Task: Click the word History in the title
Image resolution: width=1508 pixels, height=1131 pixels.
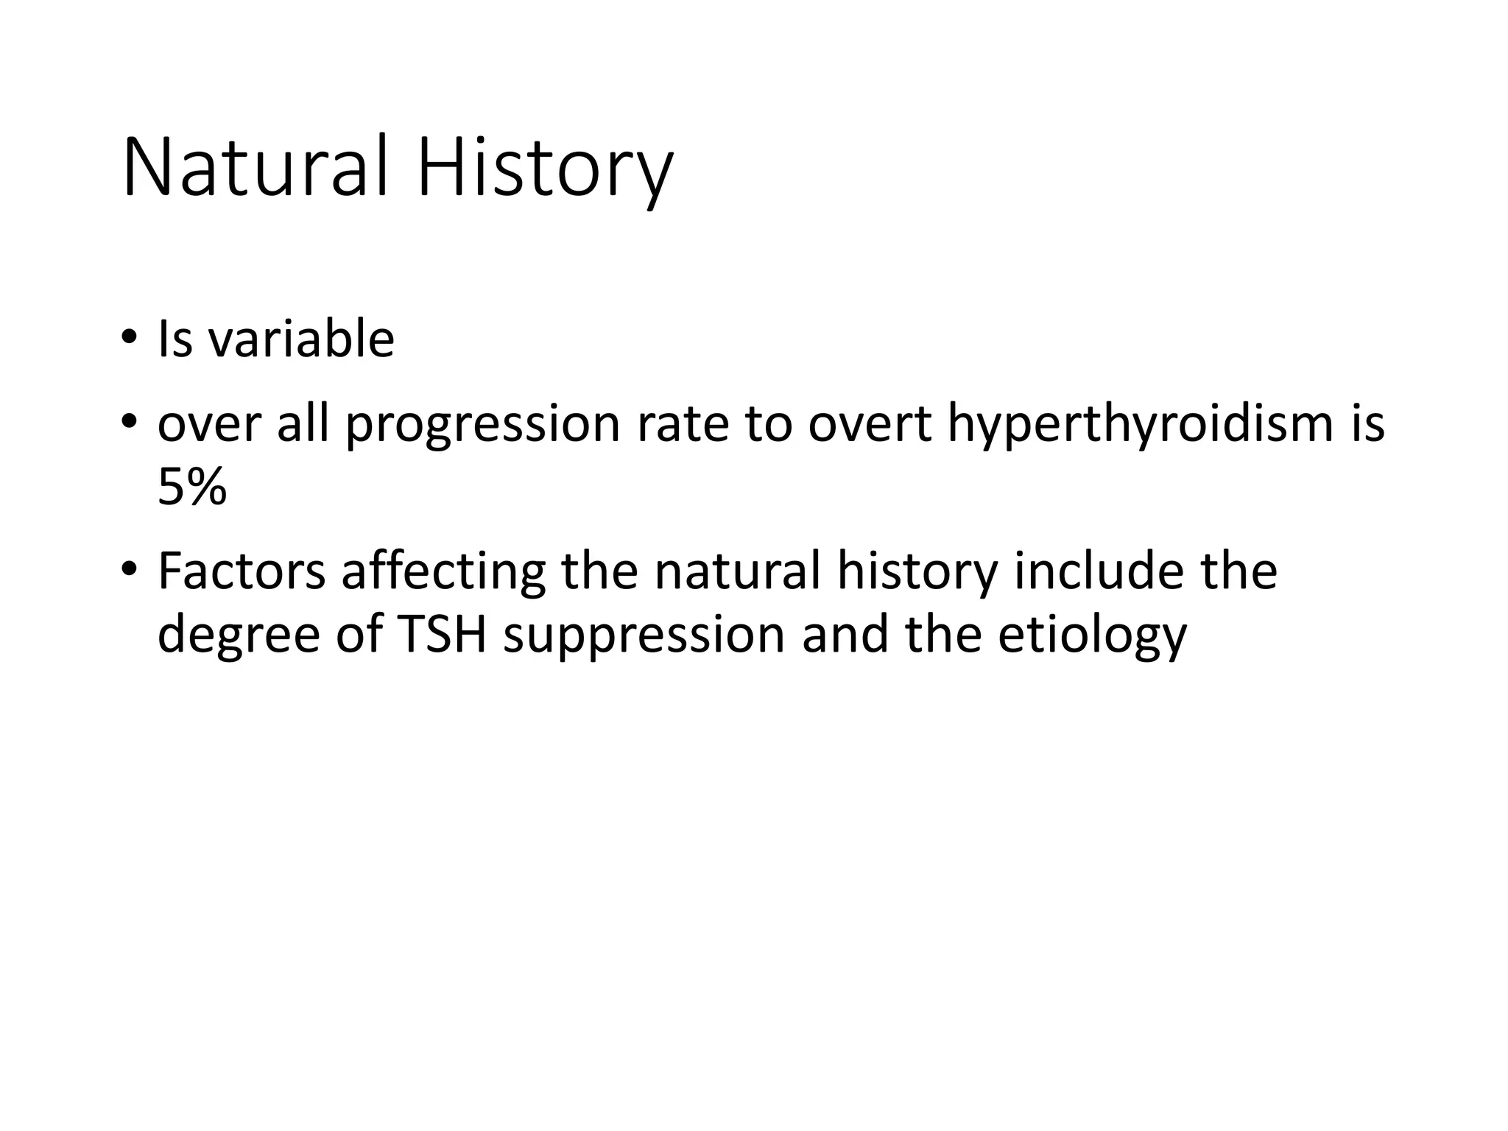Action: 544,169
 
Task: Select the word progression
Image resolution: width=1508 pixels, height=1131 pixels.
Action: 483,426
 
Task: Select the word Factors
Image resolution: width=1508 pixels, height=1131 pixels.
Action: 242,571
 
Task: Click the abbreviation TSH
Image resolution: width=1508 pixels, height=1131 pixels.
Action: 441,634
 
